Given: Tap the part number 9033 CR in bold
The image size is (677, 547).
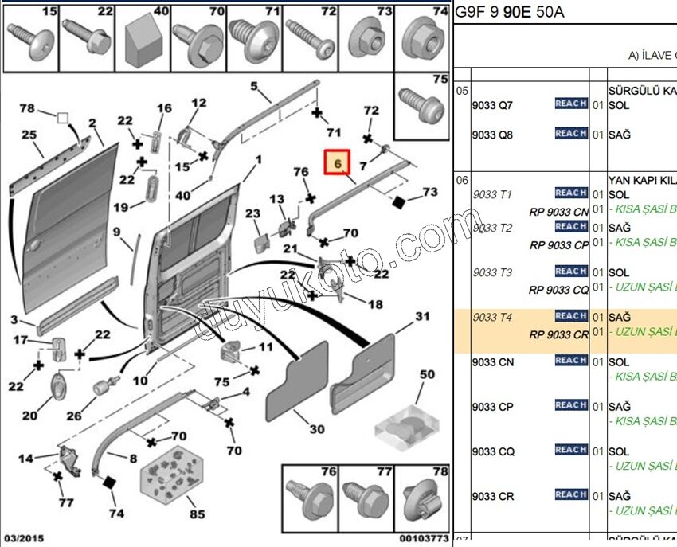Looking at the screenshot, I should click(x=492, y=497).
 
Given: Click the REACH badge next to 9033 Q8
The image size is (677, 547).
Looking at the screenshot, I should click(x=571, y=134).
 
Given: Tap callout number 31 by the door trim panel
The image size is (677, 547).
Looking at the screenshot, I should click(x=422, y=317).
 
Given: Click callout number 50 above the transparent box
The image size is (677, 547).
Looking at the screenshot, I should click(x=427, y=374).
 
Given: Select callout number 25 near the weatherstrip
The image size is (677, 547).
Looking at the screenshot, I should click(x=29, y=135).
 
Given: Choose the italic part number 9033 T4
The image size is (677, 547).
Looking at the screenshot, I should click(x=492, y=318).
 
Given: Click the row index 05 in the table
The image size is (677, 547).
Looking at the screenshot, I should click(x=463, y=91).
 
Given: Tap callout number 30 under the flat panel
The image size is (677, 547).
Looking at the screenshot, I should click(x=317, y=429).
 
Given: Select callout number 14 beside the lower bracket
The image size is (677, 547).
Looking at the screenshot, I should click(x=26, y=458).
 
